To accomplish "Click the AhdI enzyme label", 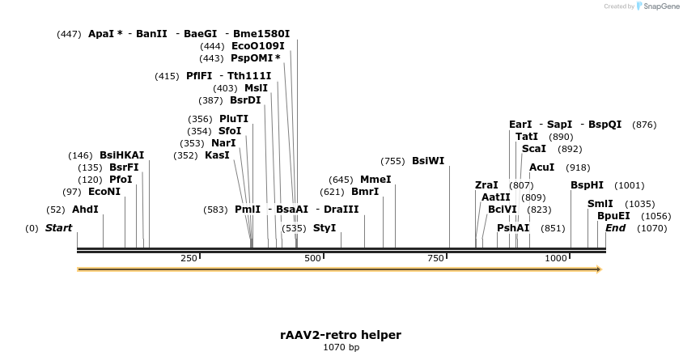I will [x=85, y=210].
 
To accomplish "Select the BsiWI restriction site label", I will [x=428, y=161].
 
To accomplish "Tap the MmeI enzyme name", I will [x=375, y=180].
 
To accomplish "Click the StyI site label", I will [x=325, y=228].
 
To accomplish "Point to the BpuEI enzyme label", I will [x=613, y=216].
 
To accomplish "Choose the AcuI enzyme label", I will [x=541, y=167].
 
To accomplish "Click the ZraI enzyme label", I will [x=486, y=185].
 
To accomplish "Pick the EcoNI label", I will [x=104, y=192].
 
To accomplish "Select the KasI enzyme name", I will [x=217, y=155].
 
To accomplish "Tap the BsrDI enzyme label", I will [x=245, y=100].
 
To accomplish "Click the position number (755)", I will [x=392, y=161].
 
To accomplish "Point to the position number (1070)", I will [x=651, y=228].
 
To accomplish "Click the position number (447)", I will [x=70, y=34].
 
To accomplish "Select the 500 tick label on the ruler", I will [x=312, y=258].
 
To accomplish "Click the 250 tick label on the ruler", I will [x=189, y=258].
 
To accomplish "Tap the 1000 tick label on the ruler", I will [x=556, y=258].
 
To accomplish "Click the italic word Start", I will [x=58, y=228].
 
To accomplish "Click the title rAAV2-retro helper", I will [x=341, y=335].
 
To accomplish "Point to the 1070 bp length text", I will [x=341, y=348].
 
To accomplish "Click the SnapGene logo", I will [x=657, y=6].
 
